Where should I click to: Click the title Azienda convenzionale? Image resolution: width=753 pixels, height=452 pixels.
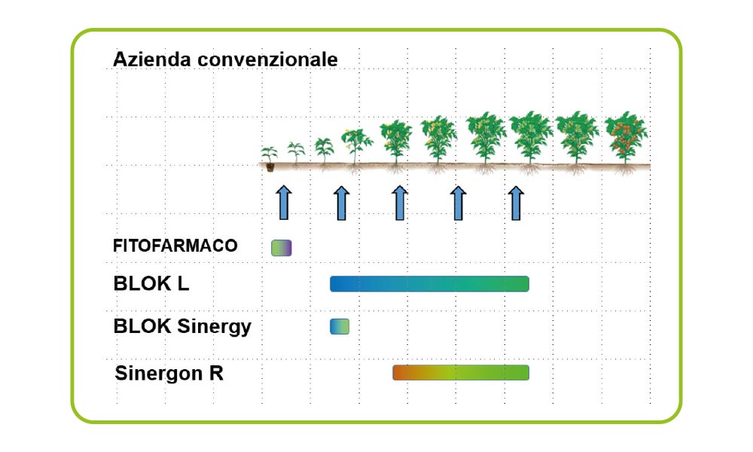[x=225, y=60]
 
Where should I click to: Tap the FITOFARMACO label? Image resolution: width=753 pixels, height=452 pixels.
[x=175, y=246]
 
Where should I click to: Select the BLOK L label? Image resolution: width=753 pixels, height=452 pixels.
[x=151, y=284]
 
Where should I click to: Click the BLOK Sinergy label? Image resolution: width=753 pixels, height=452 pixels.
[x=182, y=327]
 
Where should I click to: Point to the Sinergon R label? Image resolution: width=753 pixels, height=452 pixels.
[x=169, y=373]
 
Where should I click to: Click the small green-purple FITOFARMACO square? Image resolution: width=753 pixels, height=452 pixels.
[x=282, y=248]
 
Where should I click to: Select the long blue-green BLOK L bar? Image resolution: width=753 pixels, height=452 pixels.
[x=429, y=284]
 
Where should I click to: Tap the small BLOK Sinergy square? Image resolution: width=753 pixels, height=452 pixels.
[x=340, y=327]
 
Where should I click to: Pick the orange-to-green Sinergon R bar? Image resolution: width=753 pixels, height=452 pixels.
[x=461, y=373]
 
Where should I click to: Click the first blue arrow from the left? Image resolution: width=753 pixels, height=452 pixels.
[x=284, y=203]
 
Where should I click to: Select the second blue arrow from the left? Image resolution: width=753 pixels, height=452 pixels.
[x=341, y=203]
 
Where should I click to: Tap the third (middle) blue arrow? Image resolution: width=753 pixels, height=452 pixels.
[x=400, y=203]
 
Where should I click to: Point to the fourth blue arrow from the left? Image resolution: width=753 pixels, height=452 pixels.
[x=458, y=203]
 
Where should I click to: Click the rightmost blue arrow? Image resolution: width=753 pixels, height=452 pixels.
[x=516, y=203]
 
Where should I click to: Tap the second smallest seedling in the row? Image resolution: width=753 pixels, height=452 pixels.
[x=296, y=153]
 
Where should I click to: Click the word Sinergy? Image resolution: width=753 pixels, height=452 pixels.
[x=214, y=327]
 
